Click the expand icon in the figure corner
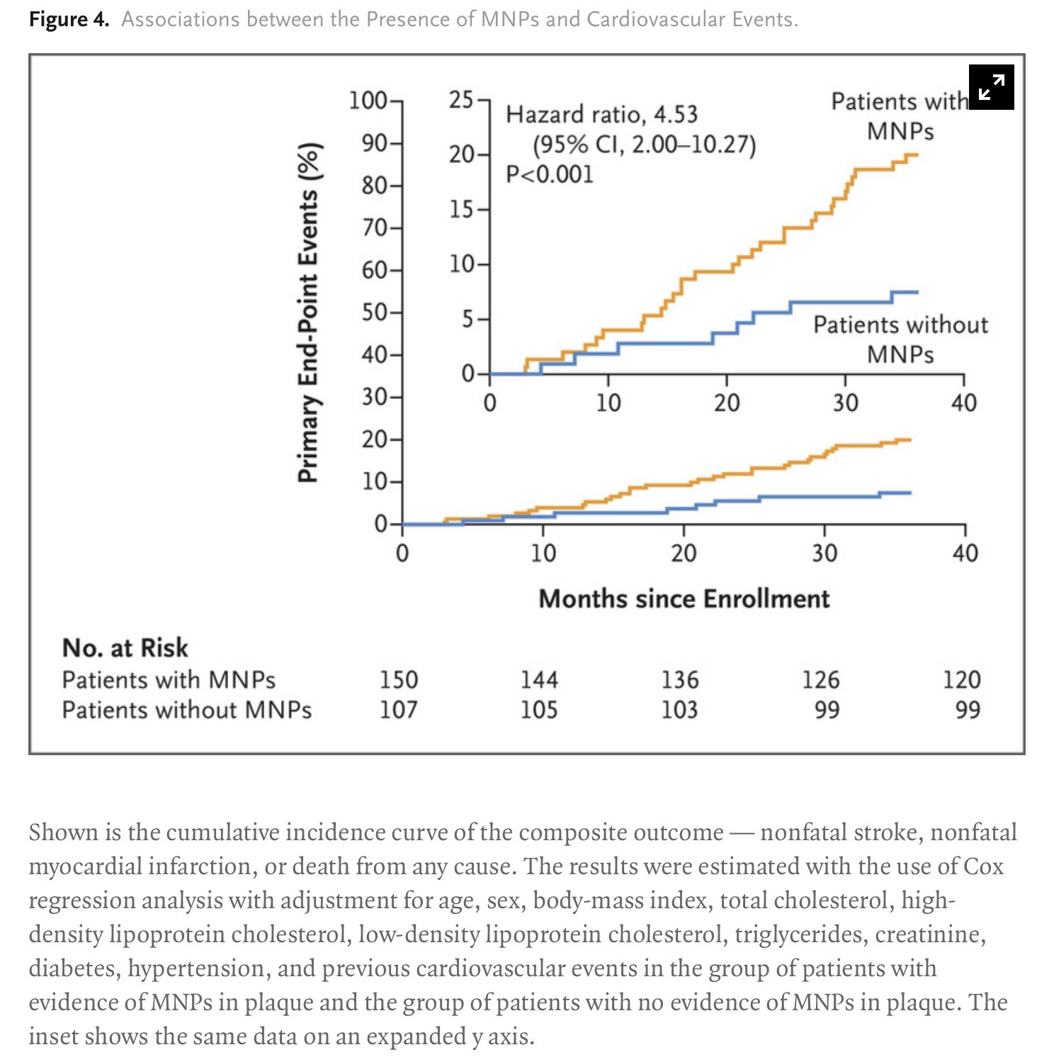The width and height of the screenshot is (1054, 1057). (991, 87)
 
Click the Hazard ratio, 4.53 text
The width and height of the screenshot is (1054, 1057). (601, 115)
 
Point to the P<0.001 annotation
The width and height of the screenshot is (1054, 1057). (549, 174)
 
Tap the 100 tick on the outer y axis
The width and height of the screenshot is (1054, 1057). (368, 101)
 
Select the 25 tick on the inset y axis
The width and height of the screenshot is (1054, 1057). (461, 100)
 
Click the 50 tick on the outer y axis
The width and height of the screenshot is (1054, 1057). (375, 312)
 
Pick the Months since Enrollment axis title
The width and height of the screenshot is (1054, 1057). (684, 599)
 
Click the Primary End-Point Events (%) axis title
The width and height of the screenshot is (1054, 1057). (308, 312)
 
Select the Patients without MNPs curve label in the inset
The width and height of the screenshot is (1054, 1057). (900, 339)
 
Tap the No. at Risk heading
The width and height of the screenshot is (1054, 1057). (125, 648)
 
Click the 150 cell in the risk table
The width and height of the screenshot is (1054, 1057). (399, 680)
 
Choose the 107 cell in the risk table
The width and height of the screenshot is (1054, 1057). (399, 710)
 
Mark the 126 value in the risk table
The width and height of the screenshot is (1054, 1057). (820, 680)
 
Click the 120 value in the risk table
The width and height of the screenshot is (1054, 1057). (961, 680)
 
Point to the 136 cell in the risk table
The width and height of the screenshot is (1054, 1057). (680, 680)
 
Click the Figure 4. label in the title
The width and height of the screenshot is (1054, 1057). (69, 19)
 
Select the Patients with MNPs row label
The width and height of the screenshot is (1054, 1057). (169, 680)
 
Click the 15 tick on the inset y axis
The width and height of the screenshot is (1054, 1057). (461, 210)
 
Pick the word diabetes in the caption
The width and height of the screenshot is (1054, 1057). (67, 968)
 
